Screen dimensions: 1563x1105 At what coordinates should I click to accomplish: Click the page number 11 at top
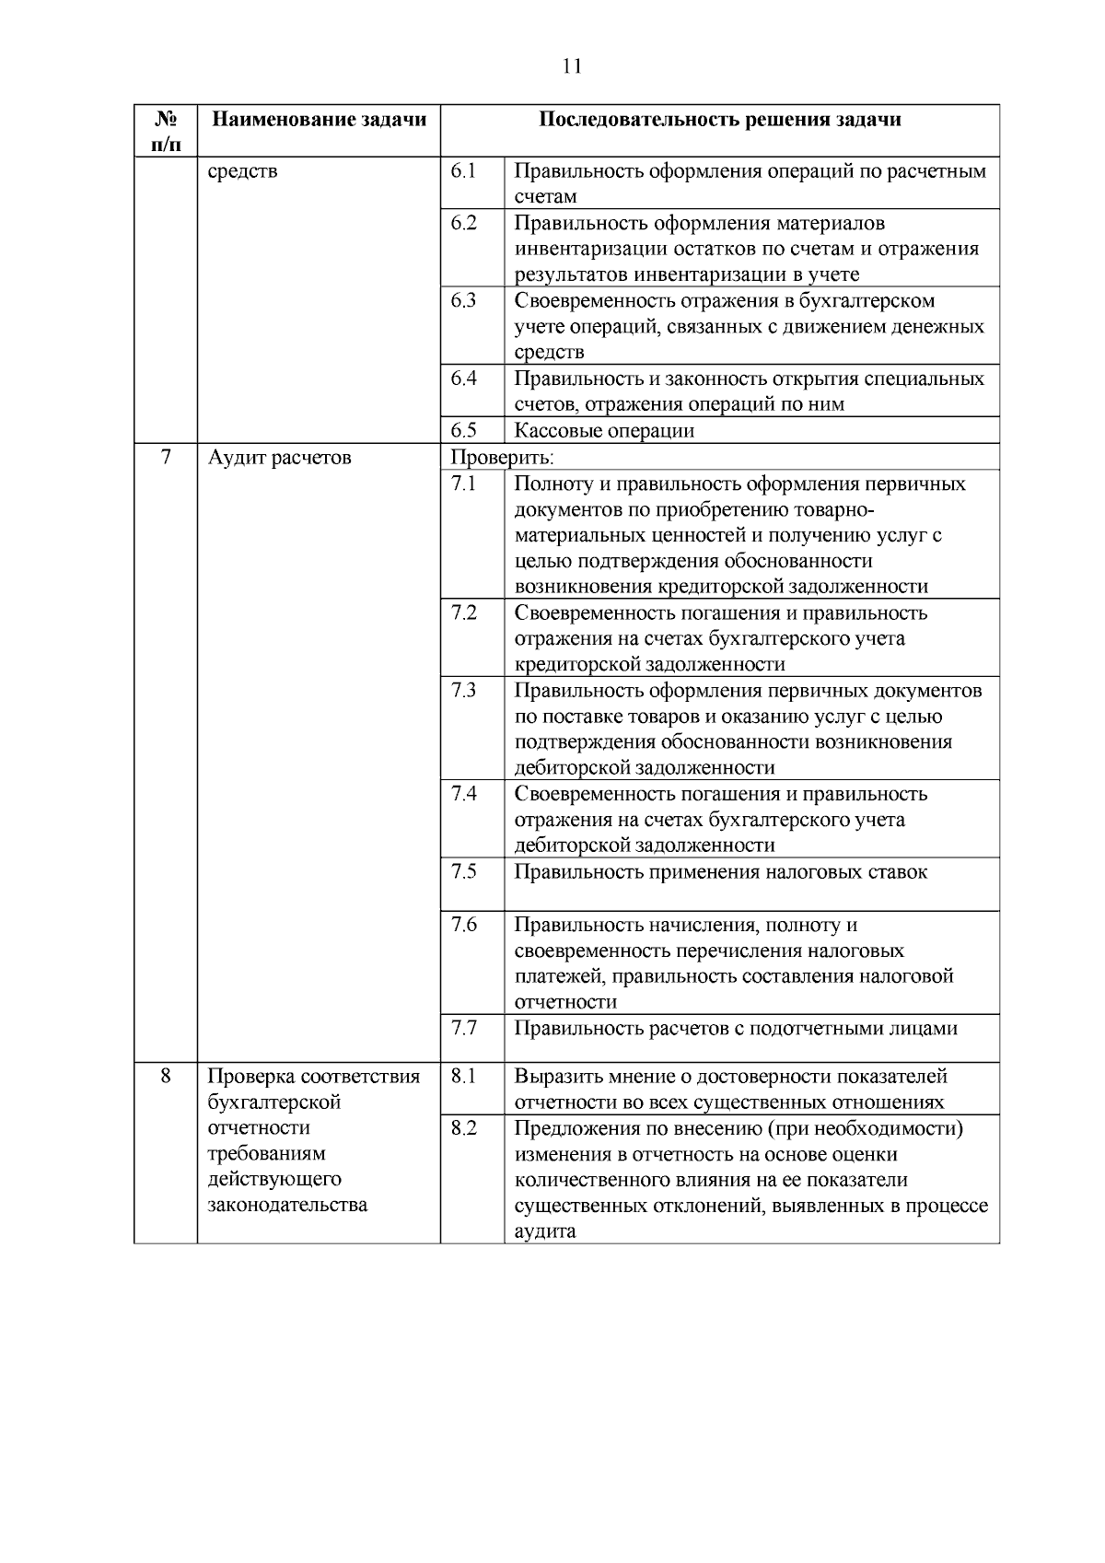coord(571,66)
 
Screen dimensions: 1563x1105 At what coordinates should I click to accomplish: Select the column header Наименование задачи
coord(320,120)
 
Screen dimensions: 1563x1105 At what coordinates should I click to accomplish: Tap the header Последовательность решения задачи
coord(719,120)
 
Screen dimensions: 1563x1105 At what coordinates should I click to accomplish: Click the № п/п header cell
coord(166,131)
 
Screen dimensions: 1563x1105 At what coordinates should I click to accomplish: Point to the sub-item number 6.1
coord(464,171)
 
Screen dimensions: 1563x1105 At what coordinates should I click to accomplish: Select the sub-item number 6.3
coord(464,300)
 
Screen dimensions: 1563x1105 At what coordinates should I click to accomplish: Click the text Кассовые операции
coord(603,430)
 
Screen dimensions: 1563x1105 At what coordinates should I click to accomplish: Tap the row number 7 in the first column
coord(166,457)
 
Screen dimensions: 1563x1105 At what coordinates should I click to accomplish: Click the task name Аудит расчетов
coord(279,457)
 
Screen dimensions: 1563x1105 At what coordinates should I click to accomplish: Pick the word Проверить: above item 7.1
coord(501,457)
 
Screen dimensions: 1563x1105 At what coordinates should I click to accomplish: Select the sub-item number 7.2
coord(464,613)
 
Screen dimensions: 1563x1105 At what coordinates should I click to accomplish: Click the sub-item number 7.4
coord(464,794)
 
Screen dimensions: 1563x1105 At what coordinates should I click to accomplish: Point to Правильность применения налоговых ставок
coord(720,871)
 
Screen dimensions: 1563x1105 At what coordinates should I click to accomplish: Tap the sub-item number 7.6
coord(464,925)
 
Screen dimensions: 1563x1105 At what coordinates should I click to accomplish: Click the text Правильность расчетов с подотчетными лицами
coord(735,1028)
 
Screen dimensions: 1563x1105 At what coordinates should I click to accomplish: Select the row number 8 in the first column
coord(166,1076)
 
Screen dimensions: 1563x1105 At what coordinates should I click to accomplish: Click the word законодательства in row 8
coord(286,1205)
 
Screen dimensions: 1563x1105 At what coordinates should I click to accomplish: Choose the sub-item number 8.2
coord(464,1128)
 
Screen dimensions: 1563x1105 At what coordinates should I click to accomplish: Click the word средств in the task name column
coord(242,171)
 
